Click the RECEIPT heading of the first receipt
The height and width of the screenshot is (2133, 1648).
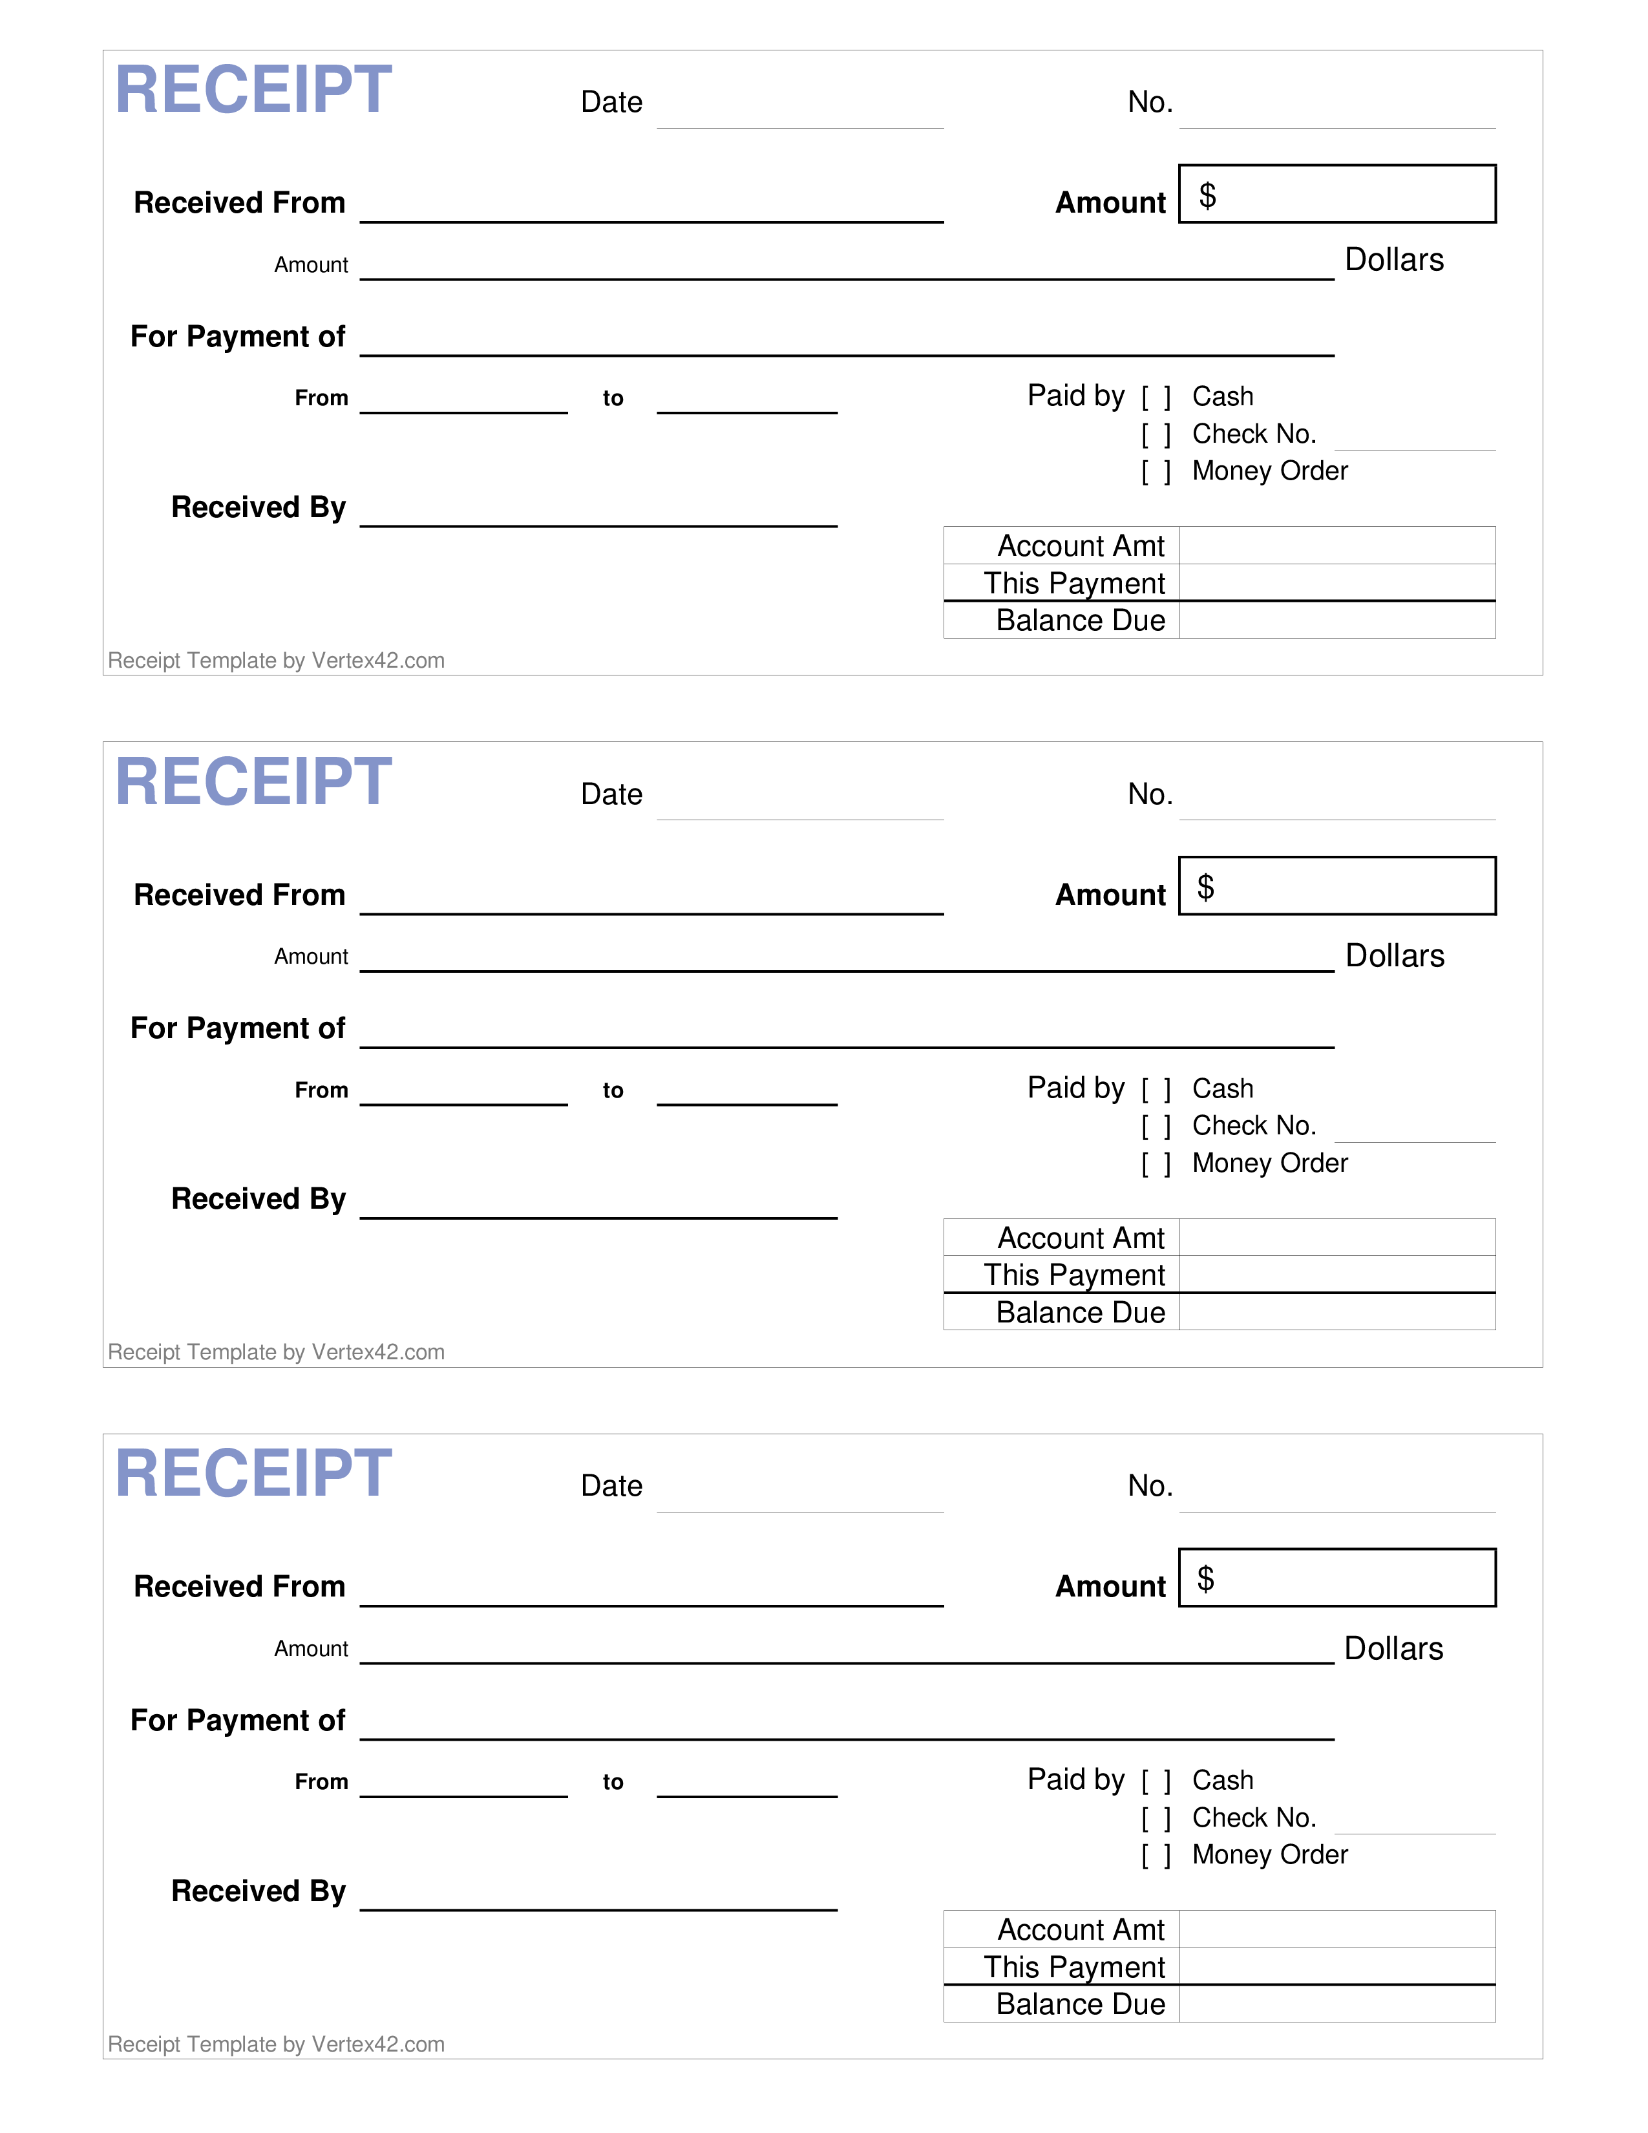(254, 89)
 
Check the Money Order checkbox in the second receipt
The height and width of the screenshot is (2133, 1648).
(1156, 1164)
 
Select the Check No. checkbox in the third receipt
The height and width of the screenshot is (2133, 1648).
(1156, 1818)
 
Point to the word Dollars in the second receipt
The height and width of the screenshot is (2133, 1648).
(1395, 955)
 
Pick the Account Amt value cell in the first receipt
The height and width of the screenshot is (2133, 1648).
(1338, 546)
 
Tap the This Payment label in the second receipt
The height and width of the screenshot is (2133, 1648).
(1074, 1275)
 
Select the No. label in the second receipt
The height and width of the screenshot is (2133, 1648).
(1150, 794)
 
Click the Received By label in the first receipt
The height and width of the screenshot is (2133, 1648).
(259, 508)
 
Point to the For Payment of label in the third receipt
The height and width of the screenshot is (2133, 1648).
(238, 1720)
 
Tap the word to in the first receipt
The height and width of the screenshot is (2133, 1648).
(613, 398)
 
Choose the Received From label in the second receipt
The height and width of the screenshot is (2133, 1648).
(240, 895)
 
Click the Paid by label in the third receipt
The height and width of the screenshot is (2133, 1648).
(1076, 1779)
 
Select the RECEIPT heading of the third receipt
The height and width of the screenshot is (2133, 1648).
(254, 1473)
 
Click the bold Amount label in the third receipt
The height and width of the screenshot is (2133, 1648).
(1111, 1586)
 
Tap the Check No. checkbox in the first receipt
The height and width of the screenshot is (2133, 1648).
(1156, 434)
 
